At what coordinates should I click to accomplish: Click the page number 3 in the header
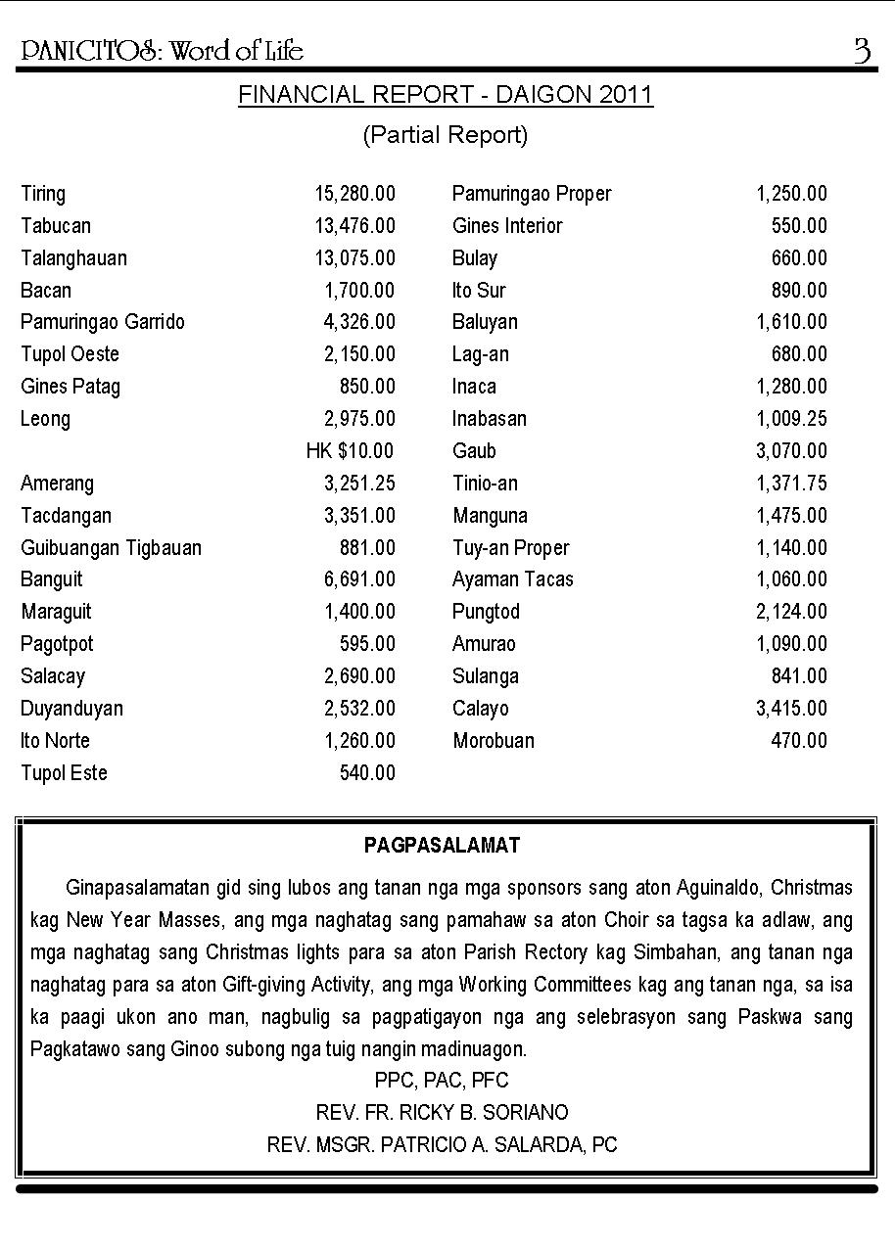(x=862, y=50)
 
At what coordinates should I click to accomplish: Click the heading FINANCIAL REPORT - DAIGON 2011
(x=446, y=95)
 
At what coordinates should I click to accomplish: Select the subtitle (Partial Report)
(x=446, y=135)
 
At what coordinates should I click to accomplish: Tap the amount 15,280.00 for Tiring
(x=354, y=194)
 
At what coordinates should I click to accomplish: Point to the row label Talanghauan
(x=73, y=258)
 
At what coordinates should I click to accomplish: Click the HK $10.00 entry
(x=350, y=451)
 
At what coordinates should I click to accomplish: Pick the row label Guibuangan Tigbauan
(x=111, y=548)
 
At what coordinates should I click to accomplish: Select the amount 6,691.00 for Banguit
(x=359, y=579)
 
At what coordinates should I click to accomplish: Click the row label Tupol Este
(x=64, y=773)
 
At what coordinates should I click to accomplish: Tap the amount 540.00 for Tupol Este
(x=367, y=773)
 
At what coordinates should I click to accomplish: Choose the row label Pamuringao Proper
(x=532, y=194)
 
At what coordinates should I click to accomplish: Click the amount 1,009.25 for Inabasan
(x=791, y=419)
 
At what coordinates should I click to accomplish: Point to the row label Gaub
(x=474, y=451)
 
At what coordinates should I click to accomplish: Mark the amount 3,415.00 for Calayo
(x=791, y=709)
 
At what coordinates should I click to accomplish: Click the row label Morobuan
(x=494, y=741)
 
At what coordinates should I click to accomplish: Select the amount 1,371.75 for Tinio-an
(x=791, y=484)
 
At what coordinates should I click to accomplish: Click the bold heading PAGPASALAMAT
(x=442, y=845)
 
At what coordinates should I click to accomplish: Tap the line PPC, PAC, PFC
(x=442, y=1081)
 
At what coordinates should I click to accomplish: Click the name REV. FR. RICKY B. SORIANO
(x=442, y=1113)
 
